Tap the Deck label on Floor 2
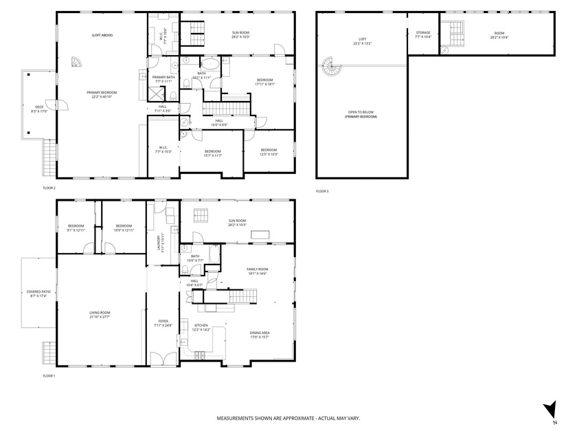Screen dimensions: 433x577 39,109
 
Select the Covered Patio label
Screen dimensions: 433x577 38,293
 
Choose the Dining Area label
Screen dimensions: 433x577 259,334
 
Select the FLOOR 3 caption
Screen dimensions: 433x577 322,191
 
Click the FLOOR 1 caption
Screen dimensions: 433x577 49,376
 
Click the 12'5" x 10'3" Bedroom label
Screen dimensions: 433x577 269,152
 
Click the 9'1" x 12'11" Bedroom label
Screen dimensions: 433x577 76,227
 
